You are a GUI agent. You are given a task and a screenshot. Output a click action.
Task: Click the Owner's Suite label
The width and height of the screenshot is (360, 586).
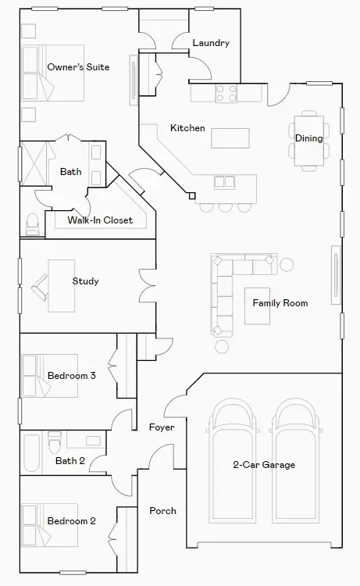[78, 67]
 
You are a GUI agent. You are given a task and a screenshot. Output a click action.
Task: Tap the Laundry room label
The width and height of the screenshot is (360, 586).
[210, 43]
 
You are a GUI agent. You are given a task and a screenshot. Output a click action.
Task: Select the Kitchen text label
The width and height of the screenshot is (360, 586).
[187, 127]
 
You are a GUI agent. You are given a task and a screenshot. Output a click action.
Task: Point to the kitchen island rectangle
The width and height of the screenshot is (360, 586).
[230, 138]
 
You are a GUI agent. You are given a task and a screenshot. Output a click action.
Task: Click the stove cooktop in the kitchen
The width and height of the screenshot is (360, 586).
[226, 93]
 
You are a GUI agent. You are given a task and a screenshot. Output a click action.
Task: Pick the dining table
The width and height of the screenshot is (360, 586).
[309, 141]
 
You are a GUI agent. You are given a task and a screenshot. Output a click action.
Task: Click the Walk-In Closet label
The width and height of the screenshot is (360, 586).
[100, 220]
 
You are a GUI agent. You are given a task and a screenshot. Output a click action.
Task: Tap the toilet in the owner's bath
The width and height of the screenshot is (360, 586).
[33, 225]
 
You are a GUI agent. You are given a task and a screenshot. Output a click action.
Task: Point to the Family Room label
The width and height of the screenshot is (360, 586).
[280, 302]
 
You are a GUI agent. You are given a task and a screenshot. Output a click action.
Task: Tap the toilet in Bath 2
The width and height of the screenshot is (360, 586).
[55, 444]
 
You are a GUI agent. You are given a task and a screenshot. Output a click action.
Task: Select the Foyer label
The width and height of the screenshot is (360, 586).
[162, 427]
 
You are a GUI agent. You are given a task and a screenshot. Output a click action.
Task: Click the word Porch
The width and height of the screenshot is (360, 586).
[162, 511]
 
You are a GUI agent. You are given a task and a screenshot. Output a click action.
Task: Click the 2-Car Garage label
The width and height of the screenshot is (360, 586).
[264, 465]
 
